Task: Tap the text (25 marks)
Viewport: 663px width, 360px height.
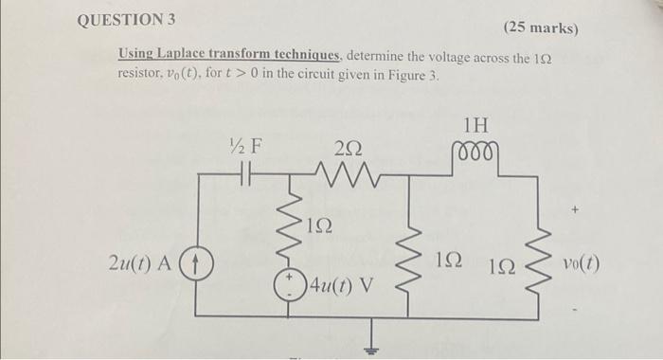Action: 541,27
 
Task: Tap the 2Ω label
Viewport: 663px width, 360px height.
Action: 348,147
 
